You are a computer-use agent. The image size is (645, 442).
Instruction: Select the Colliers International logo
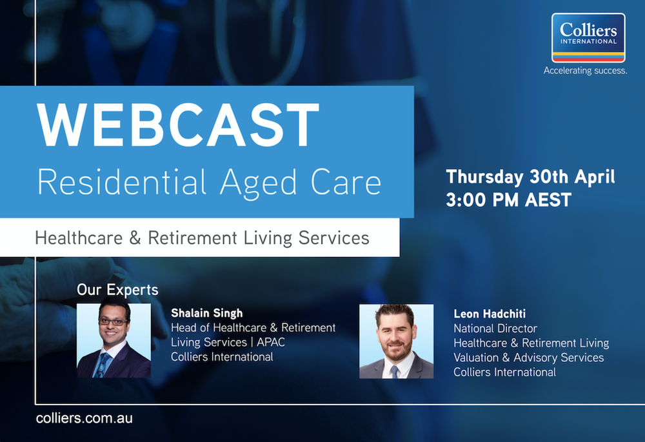coord(588,38)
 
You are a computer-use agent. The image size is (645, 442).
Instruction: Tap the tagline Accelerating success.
coord(585,70)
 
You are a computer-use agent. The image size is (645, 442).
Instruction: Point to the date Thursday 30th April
coord(530,176)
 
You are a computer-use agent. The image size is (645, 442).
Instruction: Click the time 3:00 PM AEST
coord(509,199)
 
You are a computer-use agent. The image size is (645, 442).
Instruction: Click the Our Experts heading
coord(117,290)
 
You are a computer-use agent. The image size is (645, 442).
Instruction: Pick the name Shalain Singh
coord(206,314)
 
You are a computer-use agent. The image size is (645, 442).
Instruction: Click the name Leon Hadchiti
coord(490,314)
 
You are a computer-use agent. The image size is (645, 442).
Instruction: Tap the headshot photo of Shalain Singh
coord(114,340)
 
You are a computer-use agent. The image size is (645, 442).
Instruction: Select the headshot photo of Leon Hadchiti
coord(396,341)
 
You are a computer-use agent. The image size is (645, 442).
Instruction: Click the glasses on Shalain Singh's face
coord(114,321)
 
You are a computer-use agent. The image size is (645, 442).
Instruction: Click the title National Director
coord(495,328)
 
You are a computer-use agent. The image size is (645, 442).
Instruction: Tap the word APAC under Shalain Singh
coord(272,342)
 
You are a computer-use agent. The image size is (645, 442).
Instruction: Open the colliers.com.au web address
coord(84,417)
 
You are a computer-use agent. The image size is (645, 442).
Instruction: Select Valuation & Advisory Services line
coord(528,357)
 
